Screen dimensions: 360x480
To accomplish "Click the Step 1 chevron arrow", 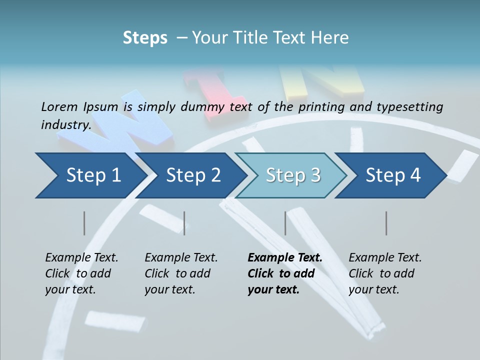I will [90, 175].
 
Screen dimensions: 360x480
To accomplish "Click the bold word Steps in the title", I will [145, 38].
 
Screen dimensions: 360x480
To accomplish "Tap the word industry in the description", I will [65, 125].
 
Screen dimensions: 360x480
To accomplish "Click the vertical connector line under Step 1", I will [84, 223].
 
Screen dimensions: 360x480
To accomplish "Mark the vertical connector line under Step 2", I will [184, 223].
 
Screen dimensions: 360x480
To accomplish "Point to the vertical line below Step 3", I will [285, 223].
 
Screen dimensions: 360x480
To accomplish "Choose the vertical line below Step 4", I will [386, 223].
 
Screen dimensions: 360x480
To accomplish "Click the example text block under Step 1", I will [81, 273].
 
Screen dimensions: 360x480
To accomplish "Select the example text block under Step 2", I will [181, 273].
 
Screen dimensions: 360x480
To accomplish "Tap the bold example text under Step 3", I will [285, 273].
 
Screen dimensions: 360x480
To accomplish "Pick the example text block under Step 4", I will [385, 273].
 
